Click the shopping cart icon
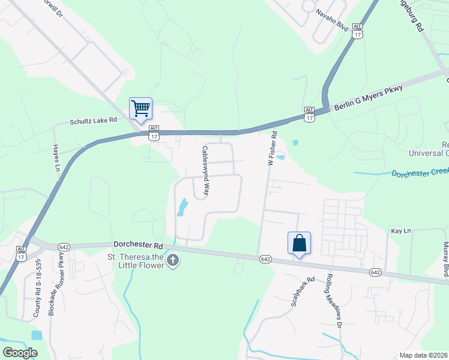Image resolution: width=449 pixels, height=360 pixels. (140, 109)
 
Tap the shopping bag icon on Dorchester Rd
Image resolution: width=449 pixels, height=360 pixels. (299, 244)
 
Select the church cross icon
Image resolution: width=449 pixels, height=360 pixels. (173, 260)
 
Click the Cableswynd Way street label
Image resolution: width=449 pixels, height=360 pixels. (205, 172)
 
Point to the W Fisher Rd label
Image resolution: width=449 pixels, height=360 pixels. (272, 149)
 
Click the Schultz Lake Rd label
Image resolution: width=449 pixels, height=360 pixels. (92, 121)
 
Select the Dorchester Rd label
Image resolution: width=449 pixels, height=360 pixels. (138, 245)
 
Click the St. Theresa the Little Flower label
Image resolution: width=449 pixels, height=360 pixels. (136, 262)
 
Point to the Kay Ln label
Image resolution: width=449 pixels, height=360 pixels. (400, 230)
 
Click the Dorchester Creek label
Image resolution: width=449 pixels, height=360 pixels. (420, 173)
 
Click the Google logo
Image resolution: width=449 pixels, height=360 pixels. (20, 352)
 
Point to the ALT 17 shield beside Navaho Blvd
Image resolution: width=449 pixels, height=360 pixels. (358, 31)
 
